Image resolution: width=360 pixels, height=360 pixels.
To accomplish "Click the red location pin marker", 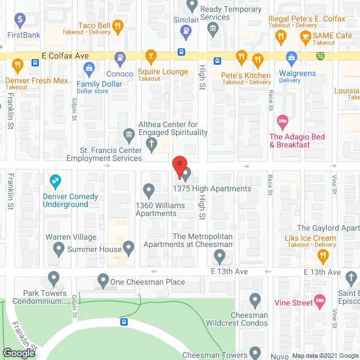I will pyautogui.click(x=179, y=167).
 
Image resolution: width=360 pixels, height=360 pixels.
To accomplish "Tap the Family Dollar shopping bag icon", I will pyautogui.click(x=89, y=69).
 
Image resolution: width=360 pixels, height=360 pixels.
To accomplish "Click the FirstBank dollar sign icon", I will pyautogui.click(x=20, y=20).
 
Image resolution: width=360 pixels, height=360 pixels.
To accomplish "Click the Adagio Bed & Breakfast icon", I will pyautogui.click(x=282, y=121).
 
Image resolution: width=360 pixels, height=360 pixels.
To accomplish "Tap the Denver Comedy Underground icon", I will pyautogui.click(x=55, y=181).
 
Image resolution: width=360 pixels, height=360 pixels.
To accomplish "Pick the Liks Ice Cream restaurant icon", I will pyautogui.click(x=323, y=256).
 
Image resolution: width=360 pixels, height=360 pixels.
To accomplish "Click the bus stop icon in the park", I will pyautogui.click(x=124, y=322).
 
